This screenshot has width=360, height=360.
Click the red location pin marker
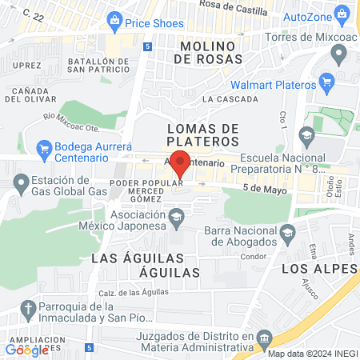pos(181,163)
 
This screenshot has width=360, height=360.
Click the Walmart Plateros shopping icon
pos(326,82)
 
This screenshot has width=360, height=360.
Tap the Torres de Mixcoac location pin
pos(338,54)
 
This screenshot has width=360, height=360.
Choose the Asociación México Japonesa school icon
pos(178,215)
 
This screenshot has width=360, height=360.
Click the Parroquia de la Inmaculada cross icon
pos(28,310)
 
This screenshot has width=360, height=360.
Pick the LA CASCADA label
pos(230,99)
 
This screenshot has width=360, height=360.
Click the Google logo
pos(27,350)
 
